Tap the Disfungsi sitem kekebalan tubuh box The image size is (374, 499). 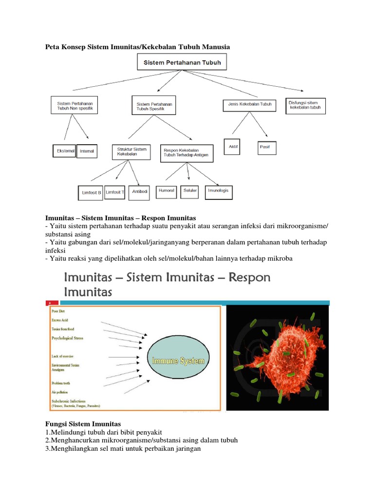[x=306, y=106]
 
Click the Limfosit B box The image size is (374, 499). [x=90, y=192]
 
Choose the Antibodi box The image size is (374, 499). [x=140, y=192]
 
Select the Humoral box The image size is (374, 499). [x=167, y=191]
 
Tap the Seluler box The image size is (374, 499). [x=190, y=191]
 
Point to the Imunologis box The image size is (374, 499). [x=218, y=192]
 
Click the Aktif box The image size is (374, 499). [x=232, y=147]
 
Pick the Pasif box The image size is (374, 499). [x=265, y=147]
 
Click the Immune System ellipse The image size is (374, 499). [x=179, y=362]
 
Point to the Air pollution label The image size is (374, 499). [x=60, y=391]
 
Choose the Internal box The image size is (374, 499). [x=87, y=152]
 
